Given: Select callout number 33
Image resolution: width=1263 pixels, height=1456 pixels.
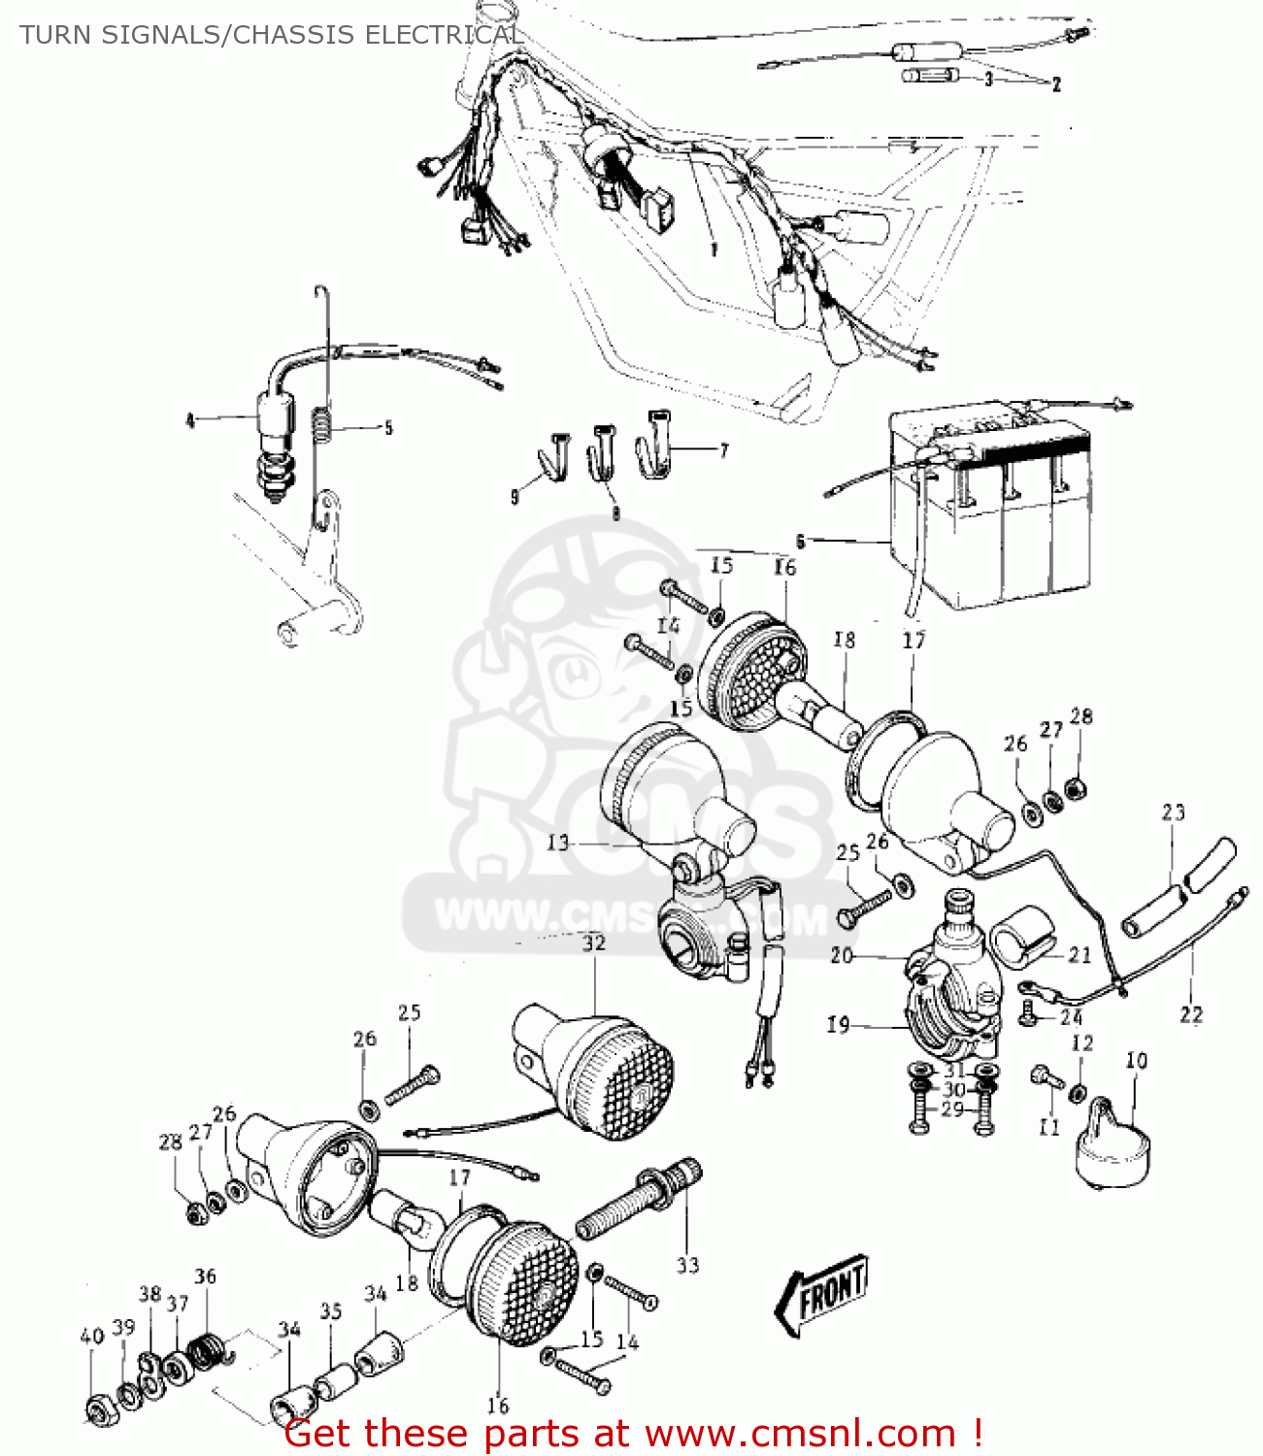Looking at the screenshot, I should click(x=687, y=1265).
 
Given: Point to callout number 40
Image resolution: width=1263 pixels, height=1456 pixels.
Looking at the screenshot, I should click(x=91, y=1337).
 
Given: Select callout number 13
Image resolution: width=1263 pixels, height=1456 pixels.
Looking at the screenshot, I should click(x=558, y=843).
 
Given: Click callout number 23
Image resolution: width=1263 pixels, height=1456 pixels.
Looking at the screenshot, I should click(x=1173, y=811).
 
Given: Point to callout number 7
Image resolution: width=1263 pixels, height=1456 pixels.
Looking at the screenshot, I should click(x=723, y=450).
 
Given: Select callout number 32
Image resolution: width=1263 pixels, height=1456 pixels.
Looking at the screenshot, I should click(x=593, y=943).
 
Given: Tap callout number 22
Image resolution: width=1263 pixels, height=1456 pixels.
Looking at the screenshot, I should click(x=1191, y=1014).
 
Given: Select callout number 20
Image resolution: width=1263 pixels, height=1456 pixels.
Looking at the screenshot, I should click(x=841, y=955).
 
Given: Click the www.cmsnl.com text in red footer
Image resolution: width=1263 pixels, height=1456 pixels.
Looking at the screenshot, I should click(x=800, y=1433).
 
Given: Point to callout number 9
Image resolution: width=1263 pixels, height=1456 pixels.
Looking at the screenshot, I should click(x=515, y=497).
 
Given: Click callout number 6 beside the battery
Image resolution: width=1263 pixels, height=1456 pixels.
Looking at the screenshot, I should click(x=800, y=541).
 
